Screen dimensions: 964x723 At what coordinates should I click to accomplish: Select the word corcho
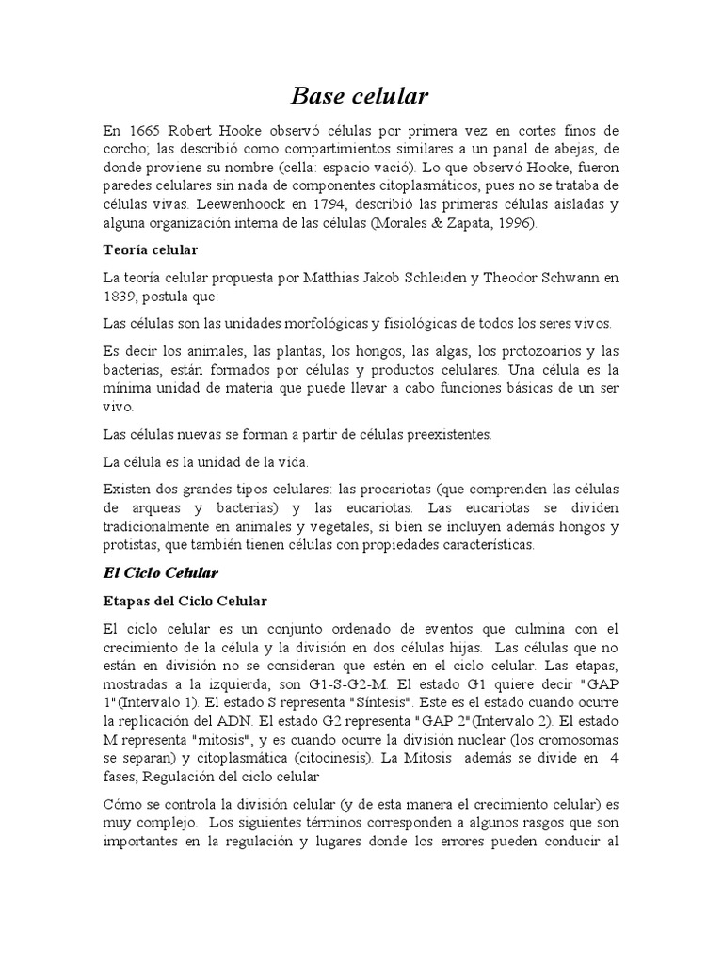coord(126,149)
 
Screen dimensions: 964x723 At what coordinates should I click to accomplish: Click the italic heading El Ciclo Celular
coord(160,572)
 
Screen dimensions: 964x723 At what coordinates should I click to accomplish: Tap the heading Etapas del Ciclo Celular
coord(185,600)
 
